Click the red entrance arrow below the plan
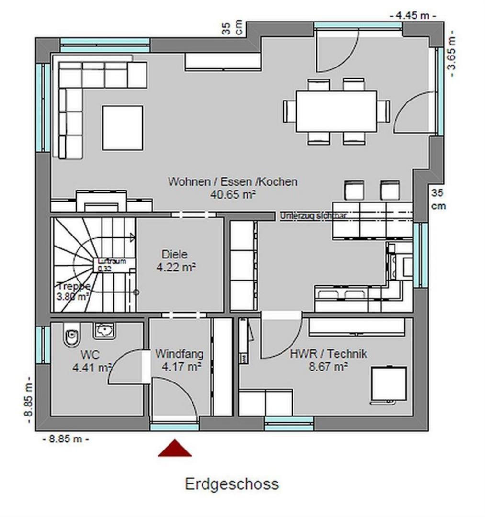pyautogui.click(x=175, y=449)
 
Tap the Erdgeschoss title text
pyautogui.click(x=232, y=484)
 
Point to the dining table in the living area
pyautogui.click(x=336, y=111)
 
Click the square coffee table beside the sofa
pyautogui.click(x=123, y=128)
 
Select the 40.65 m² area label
pyautogui.click(x=232, y=194)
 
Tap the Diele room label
pyautogui.click(x=174, y=254)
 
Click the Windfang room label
pyautogui.click(x=179, y=354)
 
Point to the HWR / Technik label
pyautogui.click(x=328, y=354)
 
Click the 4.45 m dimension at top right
pyautogui.click(x=413, y=15)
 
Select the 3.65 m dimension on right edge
pyautogui.click(x=451, y=53)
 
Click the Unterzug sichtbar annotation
pyautogui.click(x=313, y=216)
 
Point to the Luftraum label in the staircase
pyautogui.click(x=112, y=261)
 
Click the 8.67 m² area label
pyautogui.click(x=328, y=367)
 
